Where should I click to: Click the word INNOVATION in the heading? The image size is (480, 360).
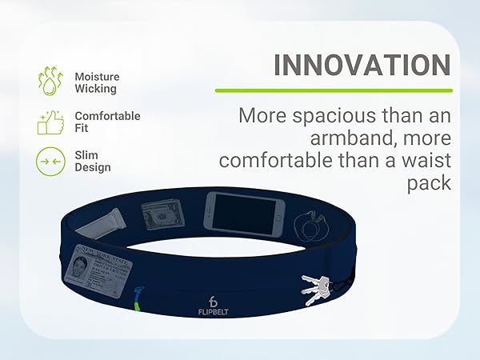click(362, 65)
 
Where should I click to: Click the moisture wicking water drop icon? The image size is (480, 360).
click(50, 82)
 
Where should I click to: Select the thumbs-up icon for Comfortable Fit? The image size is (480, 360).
click(50, 122)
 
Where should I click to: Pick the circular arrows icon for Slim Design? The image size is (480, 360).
click(50, 162)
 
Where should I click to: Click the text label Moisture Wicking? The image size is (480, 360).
click(96, 82)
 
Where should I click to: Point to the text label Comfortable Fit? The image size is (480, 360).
click(107, 122)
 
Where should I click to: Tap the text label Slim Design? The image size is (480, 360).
click(93, 162)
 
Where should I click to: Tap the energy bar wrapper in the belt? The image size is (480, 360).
click(106, 216)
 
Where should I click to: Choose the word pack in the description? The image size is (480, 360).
click(434, 183)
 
